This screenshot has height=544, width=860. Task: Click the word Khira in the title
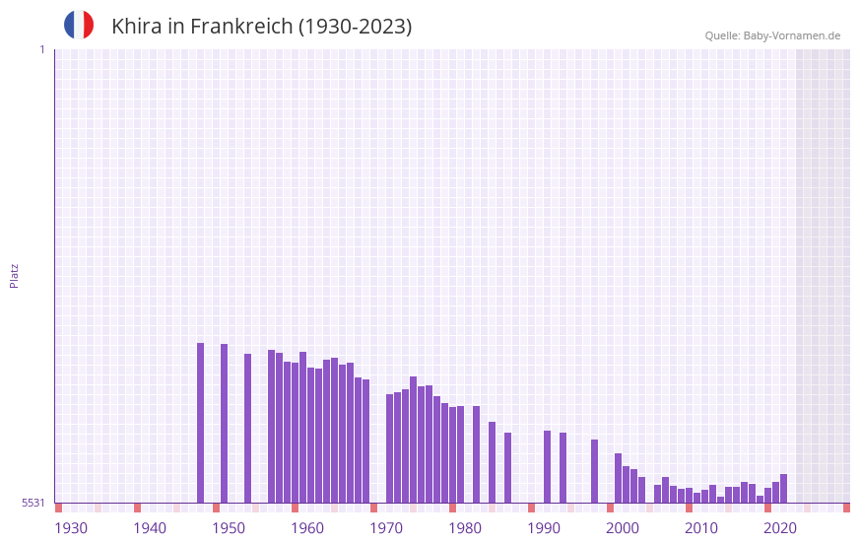pos(136,27)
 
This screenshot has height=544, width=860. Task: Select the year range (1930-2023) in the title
pos(356,27)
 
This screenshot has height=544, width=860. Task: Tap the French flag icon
pos(79,25)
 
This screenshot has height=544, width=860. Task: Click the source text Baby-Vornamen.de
pos(791,35)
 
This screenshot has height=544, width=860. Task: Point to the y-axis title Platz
pos(14,275)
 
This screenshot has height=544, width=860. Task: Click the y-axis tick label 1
pos(41,49)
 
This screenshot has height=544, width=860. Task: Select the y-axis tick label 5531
pos(33,503)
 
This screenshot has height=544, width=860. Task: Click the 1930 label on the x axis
pos(71,528)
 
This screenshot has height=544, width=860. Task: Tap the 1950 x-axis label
pos(229,528)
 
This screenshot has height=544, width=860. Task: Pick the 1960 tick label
pos(307,528)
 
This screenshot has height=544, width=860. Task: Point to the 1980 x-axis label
pos(465,528)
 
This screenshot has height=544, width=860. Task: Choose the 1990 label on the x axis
pos(544,528)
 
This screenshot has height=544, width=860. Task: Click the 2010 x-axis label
pos(701,528)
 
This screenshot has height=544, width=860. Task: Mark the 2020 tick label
pos(780,528)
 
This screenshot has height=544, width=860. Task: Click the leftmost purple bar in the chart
pos(201,423)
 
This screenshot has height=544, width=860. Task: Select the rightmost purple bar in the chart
pos(784,489)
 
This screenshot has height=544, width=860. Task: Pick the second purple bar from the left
pos(225,424)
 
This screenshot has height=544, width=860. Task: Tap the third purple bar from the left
pos(248,429)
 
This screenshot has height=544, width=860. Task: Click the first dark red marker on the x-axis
pos(58,508)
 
